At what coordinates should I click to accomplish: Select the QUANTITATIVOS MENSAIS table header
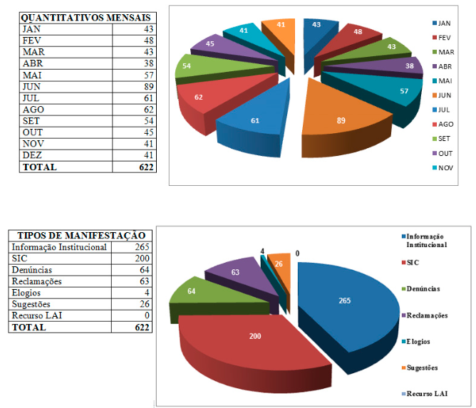tap(85, 18)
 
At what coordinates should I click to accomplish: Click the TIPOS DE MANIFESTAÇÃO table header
tap(81, 236)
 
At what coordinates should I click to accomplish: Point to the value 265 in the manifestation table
tap(139, 247)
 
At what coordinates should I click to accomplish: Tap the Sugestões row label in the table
tap(33, 304)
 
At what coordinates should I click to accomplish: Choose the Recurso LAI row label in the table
tap(36, 315)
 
